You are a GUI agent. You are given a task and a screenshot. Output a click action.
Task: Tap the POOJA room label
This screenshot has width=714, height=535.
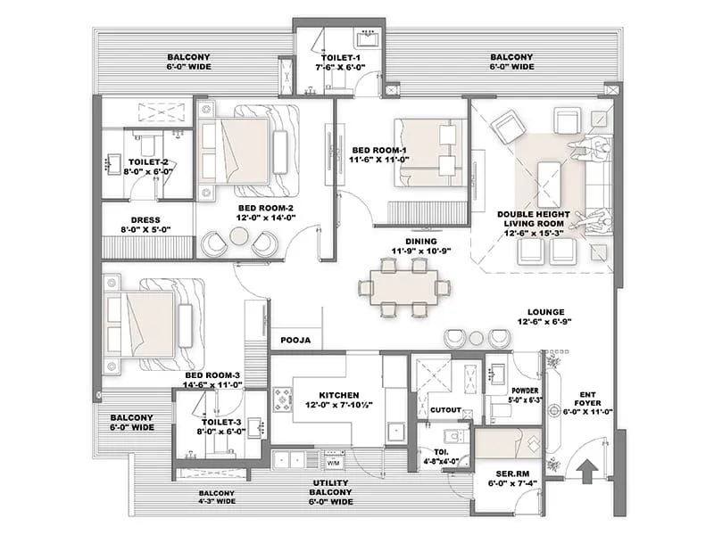click(295, 340)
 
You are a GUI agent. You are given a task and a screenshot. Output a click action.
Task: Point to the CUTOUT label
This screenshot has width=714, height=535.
click(445, 410)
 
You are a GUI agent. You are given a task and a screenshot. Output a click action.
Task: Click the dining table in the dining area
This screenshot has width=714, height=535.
click(403, 288)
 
